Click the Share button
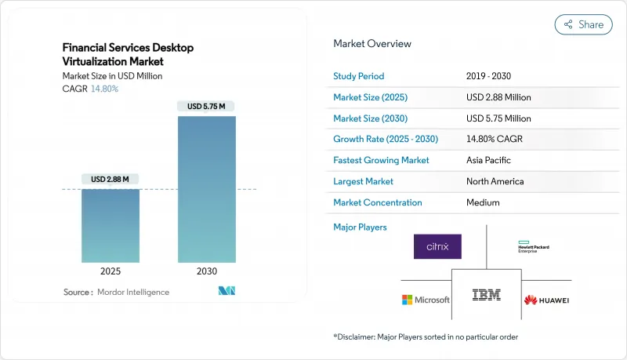click(584, 24)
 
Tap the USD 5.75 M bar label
click(206, 107)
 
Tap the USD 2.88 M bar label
click(111, 180)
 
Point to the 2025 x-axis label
click(111, 271)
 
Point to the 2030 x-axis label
click(206, 271)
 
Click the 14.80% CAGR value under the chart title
click(104, 89)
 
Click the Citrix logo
click(437, 246)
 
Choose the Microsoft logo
click(426, 300)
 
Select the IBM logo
click(487, 295)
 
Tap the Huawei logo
click(545, 300)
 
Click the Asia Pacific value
click(490, 160)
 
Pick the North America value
click(495, 181)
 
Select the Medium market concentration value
click(482, 202)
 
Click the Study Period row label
click(358, 76)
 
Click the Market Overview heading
click(371, 44)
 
